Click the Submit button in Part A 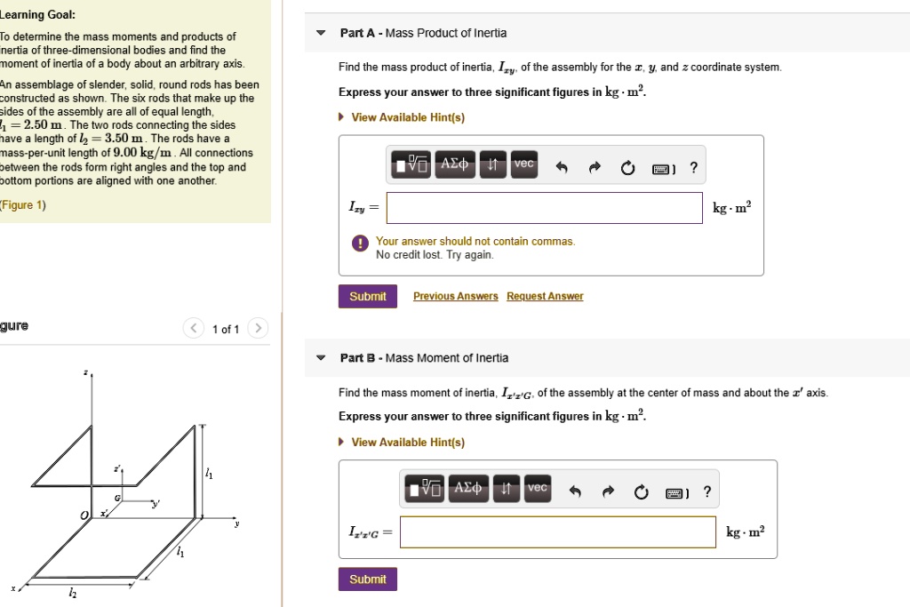click(x=367, y=297)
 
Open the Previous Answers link click(x=455, y=297)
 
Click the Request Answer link click(x=545, y=297)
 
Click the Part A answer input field click(x=544, y=208)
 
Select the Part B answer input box click(x=557, y=532)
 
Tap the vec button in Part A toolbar click(x=524, y=164)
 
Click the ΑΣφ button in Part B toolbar click(x=467, y=489)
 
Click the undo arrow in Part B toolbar click(x=575, y=492)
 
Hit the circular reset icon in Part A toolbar click(x=628, y=168)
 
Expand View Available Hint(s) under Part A click(x=407, y=117)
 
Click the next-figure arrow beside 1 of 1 click(x=257, y=329)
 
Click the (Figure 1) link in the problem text click(x=23, y=205)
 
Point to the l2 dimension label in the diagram click(x=73, y=594)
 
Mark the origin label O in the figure click(x=84, y=515)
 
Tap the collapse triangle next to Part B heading click(x=321, y=358)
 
